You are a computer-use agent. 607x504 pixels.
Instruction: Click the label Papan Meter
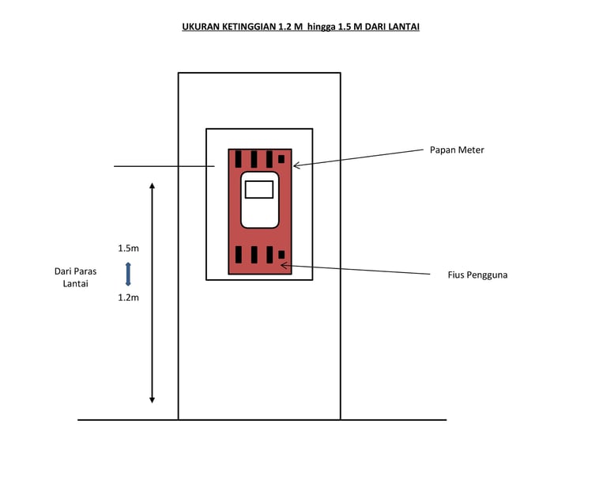pyautogui.click(x=456, y=150)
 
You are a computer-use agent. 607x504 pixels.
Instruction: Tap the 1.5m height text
pyautogui.click(x=128, y=248)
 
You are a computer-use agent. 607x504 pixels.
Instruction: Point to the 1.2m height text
pyautogui.click(x=128, y=298)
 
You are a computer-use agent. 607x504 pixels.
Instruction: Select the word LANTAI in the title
pyautogui.click(x=402, y=27)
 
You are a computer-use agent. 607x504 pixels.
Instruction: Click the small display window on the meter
pyautogui.click(x=259, y=189)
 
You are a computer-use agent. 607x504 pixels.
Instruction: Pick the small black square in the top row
pyautogui.click(x=281, y=159)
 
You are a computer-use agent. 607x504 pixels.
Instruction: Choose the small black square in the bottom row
pyautogui.click(x=281, y=255)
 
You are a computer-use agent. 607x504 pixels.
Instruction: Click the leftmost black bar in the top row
pyautogui.click(x=238, y=158)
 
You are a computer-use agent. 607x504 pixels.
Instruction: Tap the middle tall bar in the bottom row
pyautogui.click(x=254, y=255)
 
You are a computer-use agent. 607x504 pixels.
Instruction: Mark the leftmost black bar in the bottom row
pyautogui.click(x=238, y=255)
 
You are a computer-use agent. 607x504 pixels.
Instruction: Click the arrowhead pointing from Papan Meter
pyautogui.click(x=296, y=165)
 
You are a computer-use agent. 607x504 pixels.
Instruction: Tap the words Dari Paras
pyautogui.click(x=75, y=271)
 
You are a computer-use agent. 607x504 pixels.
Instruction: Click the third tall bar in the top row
pyautogui.click(x=270, y=158)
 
